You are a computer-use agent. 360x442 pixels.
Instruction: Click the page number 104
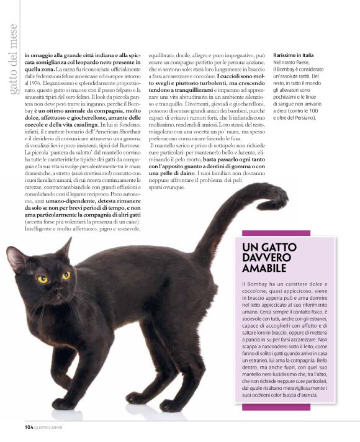click(x=29, y=427)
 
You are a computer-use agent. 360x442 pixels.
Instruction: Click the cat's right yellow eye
click(x=66, y=275)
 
